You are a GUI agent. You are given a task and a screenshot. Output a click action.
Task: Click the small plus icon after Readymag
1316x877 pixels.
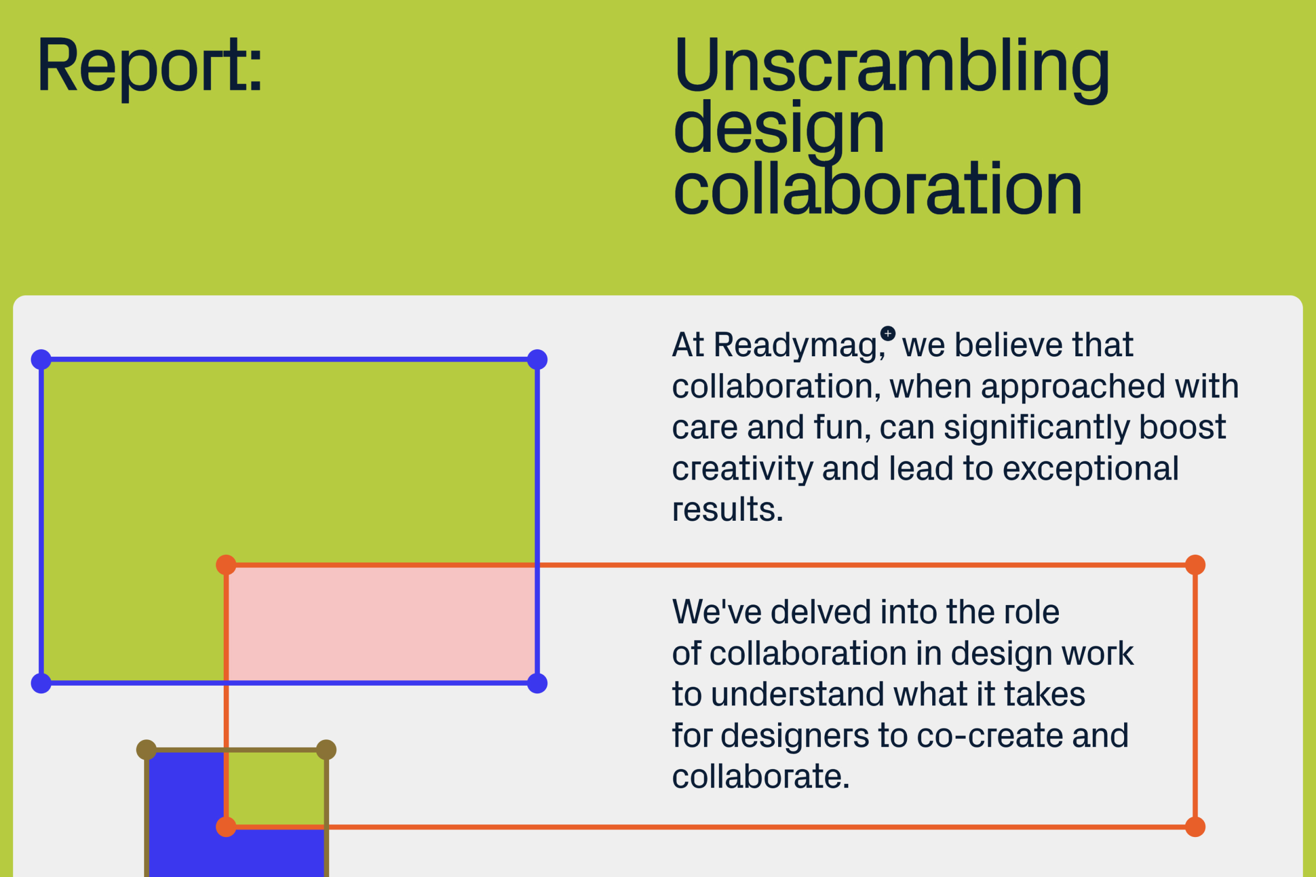coord(888,334)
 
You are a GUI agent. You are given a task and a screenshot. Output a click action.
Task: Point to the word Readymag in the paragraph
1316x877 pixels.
coord(798,347)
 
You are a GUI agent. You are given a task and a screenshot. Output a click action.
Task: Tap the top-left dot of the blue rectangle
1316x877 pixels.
coord(41,360)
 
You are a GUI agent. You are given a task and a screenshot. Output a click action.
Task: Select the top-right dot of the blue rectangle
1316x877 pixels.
coord(537,360)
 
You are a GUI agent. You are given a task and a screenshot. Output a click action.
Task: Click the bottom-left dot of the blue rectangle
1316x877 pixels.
coord(41,684)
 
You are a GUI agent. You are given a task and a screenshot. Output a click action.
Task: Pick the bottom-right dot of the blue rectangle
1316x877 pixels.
coord(537,684)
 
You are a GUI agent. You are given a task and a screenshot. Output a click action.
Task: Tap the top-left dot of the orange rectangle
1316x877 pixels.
coord(226,565)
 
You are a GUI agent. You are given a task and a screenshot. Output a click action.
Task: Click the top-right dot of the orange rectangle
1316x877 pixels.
coord(1195,565)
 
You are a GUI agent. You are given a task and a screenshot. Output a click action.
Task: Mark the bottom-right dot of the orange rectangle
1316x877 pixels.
coord(1195,827)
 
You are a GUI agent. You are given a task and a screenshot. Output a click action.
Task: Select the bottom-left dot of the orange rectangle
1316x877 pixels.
coord(226,827)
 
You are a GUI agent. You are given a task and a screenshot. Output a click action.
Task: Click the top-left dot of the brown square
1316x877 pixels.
coord(146,750)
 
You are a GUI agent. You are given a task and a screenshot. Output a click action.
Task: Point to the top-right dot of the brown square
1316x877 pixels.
coord(326,750)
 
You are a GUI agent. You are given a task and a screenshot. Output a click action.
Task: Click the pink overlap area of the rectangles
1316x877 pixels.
coord(382,624)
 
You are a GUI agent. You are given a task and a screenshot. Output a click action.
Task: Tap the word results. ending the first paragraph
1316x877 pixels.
coord(728,510)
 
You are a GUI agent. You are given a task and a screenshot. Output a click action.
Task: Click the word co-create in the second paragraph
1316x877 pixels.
coord(990,736)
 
